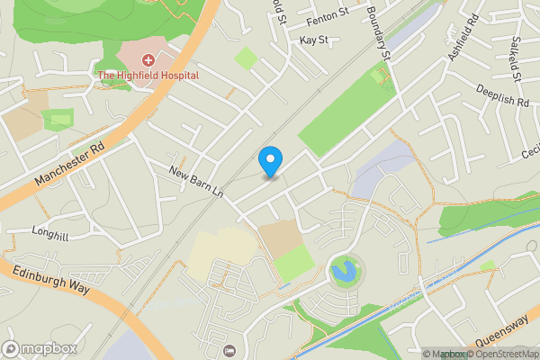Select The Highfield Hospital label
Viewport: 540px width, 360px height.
(x=148, y=75)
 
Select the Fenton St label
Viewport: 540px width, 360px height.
(x=327, y=13)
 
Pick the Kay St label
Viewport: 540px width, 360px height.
(x=313, y=40)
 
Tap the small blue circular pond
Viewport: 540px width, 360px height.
(x=343, y=269)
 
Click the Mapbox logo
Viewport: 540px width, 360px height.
(x=40, y=348)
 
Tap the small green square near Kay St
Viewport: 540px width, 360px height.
(x=245, y=58)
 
